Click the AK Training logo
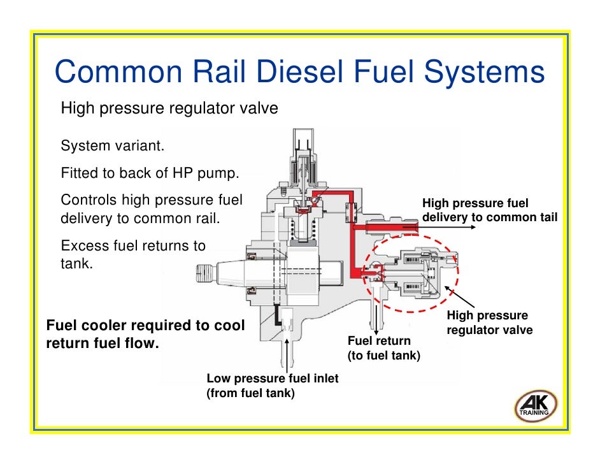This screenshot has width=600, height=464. [535, 406]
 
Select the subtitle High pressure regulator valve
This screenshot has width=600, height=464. [169, 108]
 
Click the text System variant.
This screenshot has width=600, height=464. [112, 147]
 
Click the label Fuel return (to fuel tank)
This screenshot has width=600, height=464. [383, 348]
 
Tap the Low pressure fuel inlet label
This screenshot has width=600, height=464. [272, 386]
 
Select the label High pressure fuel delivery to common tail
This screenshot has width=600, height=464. [489, 210]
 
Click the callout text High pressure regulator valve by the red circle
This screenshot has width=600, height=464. [489, 323]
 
